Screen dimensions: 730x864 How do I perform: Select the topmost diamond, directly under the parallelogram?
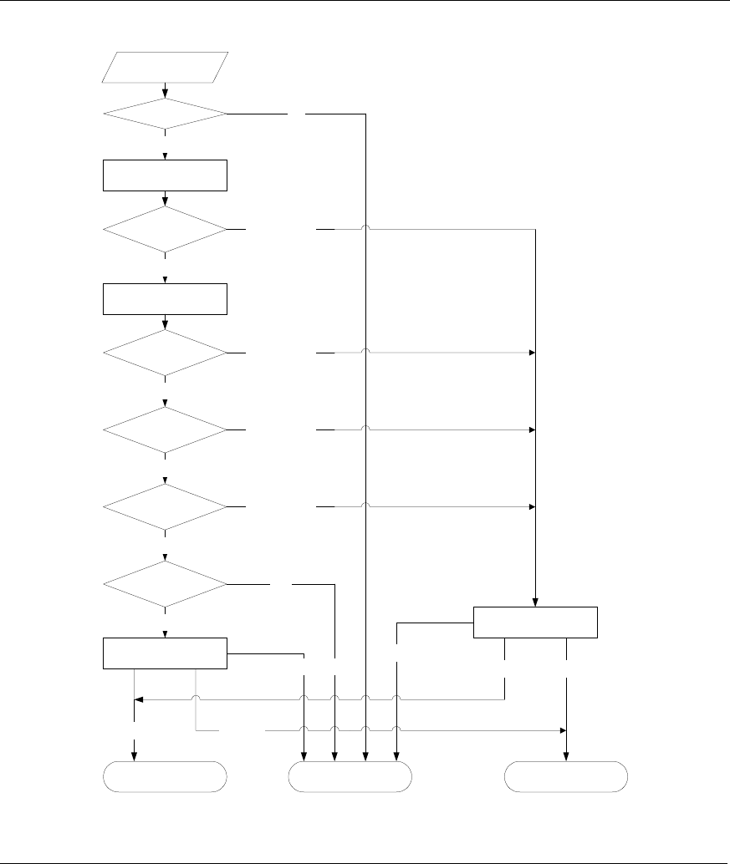click(x=165, y=113)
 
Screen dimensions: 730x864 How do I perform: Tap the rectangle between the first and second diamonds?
click(x=165, y=175)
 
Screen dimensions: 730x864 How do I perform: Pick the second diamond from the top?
click(x=165, y=228)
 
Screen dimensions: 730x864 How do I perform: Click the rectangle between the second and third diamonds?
click(x=165, y=299)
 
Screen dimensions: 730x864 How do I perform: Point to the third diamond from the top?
click(x=165, y=353)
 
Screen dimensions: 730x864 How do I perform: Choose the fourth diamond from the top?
click(x=165, y=430)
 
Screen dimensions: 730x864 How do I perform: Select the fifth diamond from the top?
click(x=165, y=507)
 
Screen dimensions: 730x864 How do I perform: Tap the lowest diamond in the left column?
click(x=165, y=584)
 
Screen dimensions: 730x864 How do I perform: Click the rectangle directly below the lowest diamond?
click(x=165, y=653)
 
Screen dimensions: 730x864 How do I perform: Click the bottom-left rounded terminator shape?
click(x=165, y=776)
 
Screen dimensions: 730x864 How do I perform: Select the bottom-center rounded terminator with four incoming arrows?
click(x=350, y=776)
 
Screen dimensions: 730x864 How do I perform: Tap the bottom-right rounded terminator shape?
click(x=566, y=776)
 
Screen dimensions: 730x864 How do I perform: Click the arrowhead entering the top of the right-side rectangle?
click(x=535, y=602)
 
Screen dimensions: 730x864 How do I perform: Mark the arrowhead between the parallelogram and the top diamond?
click(x=166, y=93)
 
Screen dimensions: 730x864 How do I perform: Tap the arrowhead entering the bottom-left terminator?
click(x=134, y=757)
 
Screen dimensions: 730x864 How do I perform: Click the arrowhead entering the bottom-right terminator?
click(x=566, y=757)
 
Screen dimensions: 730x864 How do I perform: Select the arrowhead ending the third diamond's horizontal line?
click(x=531, y=353)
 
